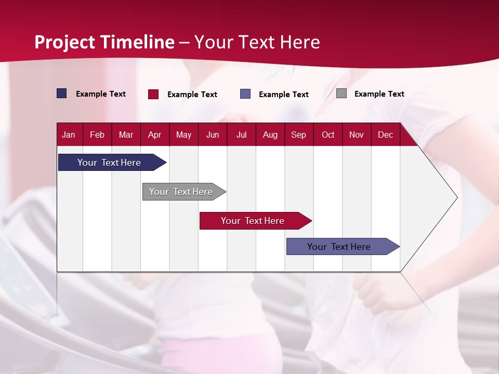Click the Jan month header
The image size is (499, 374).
tap(69, 135)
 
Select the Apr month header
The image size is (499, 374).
tap(154, 135)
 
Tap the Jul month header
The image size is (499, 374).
tap(241, 135)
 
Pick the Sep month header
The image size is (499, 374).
tap(298, 135)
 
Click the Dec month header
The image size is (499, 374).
tap(385, 135)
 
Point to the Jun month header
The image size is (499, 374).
tap(212, 135)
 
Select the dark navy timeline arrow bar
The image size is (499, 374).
tap(109, 163)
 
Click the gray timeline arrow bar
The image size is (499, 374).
tap(181, 192)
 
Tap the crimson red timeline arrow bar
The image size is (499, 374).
tap(253, 221)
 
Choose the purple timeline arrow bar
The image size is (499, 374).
tap(339, 247)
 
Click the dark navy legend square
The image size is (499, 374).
tap(62, 94)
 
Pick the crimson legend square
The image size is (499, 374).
tap(153, 94)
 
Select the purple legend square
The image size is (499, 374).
tap(245, 94)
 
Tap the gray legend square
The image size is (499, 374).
tap(342, 94)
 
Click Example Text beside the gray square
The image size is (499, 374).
tap(379, 94)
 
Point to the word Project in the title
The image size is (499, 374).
tap(64, 42)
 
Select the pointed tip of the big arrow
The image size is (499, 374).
tap(456, 197)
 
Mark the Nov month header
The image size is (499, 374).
tap(357, 135)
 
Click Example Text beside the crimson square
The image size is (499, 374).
tap(192, 95)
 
